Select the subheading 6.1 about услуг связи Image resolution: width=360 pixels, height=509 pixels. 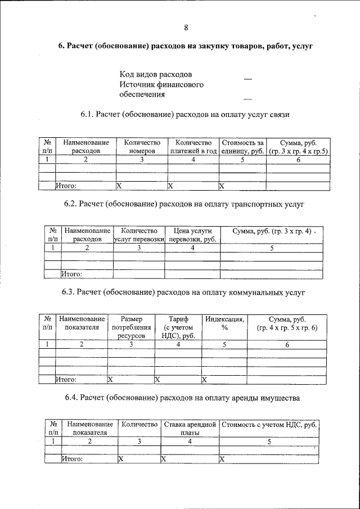pyautogui.click(x=185, y=115)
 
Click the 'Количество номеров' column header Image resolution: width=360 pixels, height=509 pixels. pyautogui.click(x=142, y=147)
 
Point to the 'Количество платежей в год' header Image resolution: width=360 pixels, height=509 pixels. pyautogui.click(x=193, y=147)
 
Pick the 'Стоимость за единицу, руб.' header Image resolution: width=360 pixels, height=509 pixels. pyautogui.click(x=242, y=147)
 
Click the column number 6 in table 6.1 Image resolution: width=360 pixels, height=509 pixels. pyautogui.click(x=298, y=160)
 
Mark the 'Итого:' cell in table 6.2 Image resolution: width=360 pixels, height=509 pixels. pyautogui.click(x=71, y=274)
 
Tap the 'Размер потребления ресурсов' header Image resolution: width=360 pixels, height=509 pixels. pyautogui.click(x=131, y=327)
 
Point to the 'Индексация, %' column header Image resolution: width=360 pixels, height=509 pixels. pyautogui.click(x=224, y=323)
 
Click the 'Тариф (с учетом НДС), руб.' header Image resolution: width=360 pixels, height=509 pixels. pyautogui.click(x=178, y=327)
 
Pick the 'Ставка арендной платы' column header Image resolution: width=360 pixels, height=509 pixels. pyautogui.click(x=190, y=428)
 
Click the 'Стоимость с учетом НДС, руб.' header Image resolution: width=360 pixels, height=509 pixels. pyautogui.click(x=269, y=425)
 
